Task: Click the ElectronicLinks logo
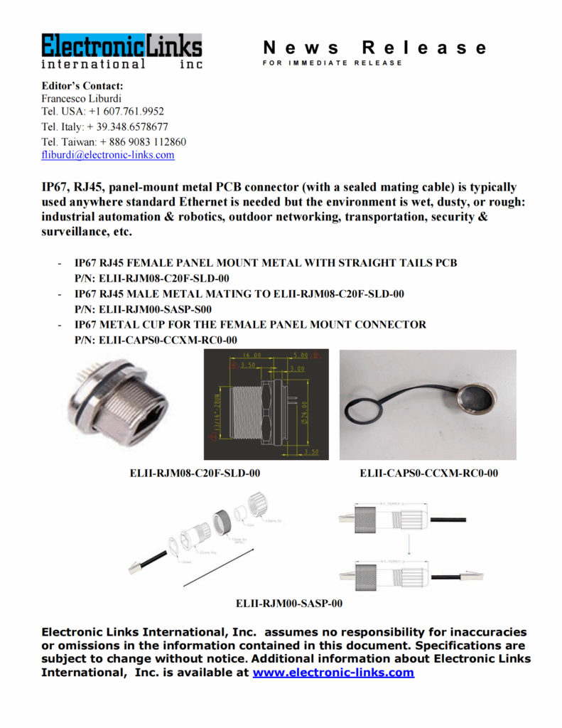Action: [121, 50]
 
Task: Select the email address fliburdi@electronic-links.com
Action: [108, 155]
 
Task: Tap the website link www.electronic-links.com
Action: [333, 672]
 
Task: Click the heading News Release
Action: [375, 48]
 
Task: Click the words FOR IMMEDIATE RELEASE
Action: [332, 63]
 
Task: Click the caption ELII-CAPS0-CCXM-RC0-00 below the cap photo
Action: [429, 473]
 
